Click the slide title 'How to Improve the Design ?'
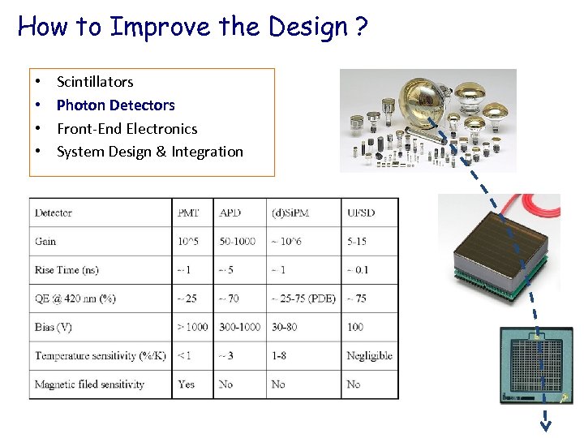point(193,27)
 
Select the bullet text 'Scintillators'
point(95,82)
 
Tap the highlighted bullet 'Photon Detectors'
point(115,105)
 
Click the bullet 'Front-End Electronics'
point(127,128)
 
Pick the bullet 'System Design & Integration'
point(149,152)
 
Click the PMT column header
point(188,213)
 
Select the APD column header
point(230,213)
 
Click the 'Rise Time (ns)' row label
point(67,270)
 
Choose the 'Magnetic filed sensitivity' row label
point(89,384)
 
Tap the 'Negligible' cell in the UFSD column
point(369,355)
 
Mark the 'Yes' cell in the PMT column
point(187,384)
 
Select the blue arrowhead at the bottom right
point(547,422)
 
